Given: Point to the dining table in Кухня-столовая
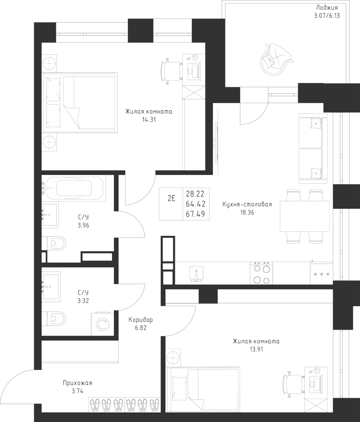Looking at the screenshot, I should pos(304,216).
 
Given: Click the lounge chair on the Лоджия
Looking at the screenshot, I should pos(276,58).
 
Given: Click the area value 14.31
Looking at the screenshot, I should pos(149,120).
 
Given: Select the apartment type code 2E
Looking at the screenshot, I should pos(171,197).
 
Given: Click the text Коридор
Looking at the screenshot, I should pos(141,320).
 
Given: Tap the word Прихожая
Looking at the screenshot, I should pos(77,383).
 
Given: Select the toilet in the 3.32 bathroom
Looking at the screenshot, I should pos(55,319).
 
